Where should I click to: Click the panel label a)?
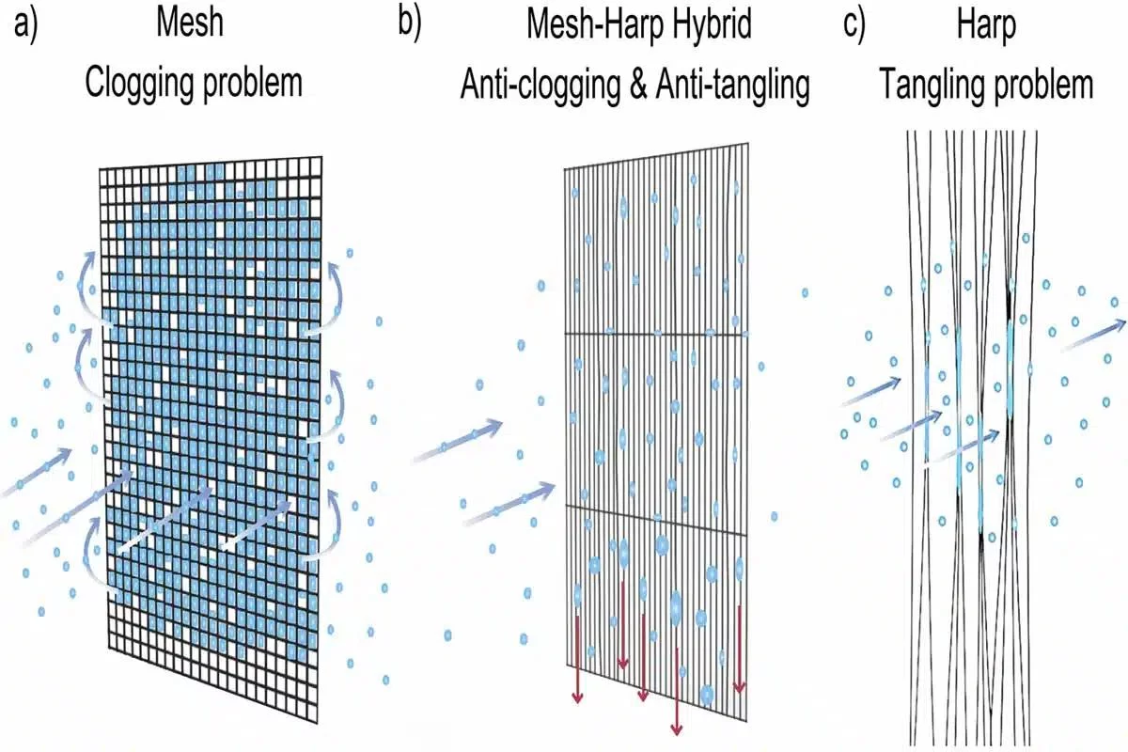point(25,25)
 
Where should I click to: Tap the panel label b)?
point(410,24)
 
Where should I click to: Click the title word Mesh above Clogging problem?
point(190,23)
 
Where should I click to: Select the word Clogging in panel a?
point(139,84)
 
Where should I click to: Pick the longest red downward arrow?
point(676,691)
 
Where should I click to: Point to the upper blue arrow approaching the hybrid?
point(458,440)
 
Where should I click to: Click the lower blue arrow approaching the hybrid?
point(509,504)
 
